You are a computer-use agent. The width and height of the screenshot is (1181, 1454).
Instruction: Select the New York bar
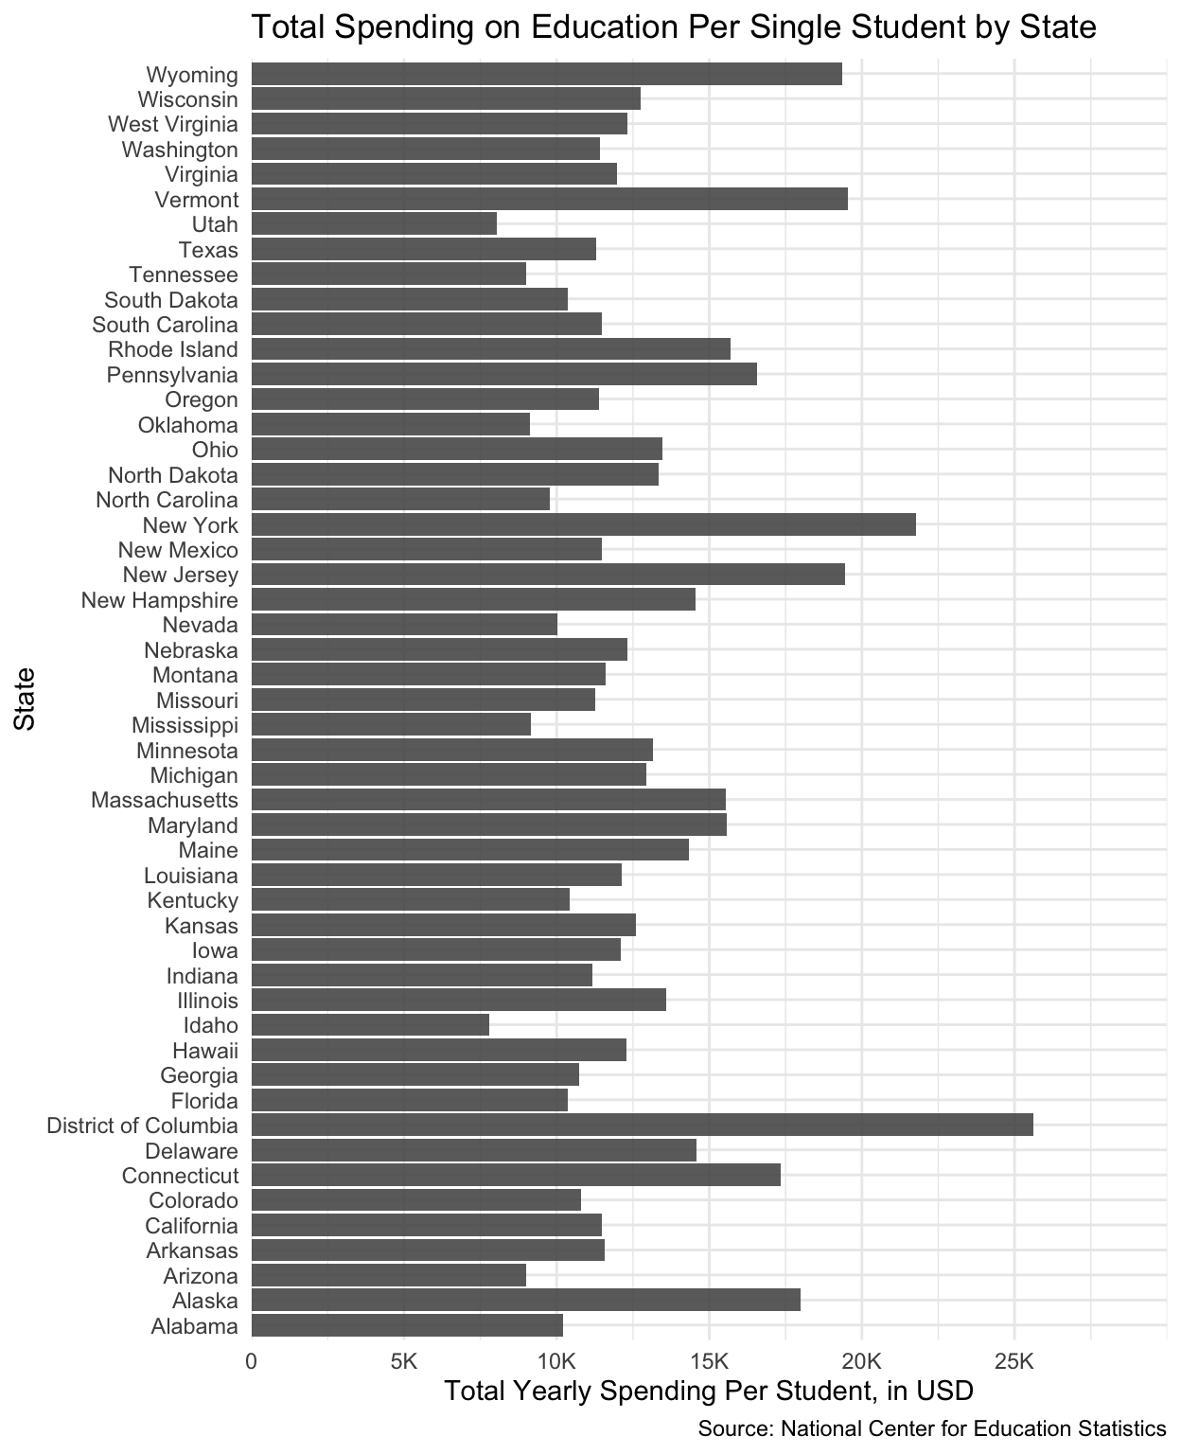(x=583, y=524)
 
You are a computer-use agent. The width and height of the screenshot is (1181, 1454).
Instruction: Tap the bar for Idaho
(x=370, y=1025)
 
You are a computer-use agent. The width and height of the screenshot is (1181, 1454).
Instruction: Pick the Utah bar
(x=374, y=224)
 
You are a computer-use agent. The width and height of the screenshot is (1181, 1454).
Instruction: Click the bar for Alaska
(x=525, y=1301)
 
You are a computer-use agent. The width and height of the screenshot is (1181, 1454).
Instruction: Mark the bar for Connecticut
(x=516, y=1176)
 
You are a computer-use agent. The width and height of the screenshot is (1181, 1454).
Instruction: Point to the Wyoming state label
(x=192, y=75)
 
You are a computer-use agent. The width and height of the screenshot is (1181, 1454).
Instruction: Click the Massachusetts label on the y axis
(x=165, y=801)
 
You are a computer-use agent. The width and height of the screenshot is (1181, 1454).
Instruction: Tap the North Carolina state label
(x=167, y=500)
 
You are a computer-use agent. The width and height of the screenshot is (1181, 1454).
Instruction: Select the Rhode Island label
(x=173, y=349)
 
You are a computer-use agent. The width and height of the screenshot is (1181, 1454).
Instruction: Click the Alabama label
(x=194, y=1326)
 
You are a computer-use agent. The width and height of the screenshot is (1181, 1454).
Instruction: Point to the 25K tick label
(x=1014, y=1362)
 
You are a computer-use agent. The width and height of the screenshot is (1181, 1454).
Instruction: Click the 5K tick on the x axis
(x=404, y=1362)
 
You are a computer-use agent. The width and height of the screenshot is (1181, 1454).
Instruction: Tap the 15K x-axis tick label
(x=709, y=1362)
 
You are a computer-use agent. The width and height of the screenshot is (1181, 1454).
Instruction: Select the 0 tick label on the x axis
(x=251, y=1362)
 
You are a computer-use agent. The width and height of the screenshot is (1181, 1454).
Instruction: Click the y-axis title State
(x=25, y=700)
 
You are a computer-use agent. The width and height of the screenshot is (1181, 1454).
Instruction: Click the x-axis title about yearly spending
(x=708, y=1392)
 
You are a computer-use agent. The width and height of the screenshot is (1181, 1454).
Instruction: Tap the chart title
(x=673, y=27)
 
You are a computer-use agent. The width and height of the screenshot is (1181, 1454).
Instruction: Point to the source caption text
(x=931, y=1428)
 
